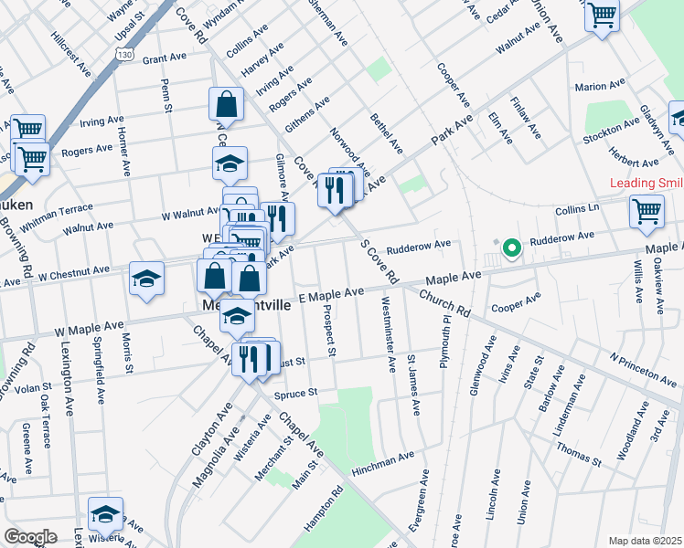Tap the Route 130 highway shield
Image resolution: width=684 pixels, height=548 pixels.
[x=123, y=56]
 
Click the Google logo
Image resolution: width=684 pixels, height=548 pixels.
[x=30, y=537]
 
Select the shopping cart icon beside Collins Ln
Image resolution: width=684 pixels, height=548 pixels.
[x=647, y=212]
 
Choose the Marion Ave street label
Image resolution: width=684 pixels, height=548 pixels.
[x=600, y=87]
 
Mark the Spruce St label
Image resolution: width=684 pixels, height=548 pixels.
[x=294, y=393]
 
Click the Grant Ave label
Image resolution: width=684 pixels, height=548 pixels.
[x=165, y=58]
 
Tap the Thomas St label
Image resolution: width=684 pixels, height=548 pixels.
[x=578, y=456]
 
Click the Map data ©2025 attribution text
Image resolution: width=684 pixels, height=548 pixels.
[x=645, y=540]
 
